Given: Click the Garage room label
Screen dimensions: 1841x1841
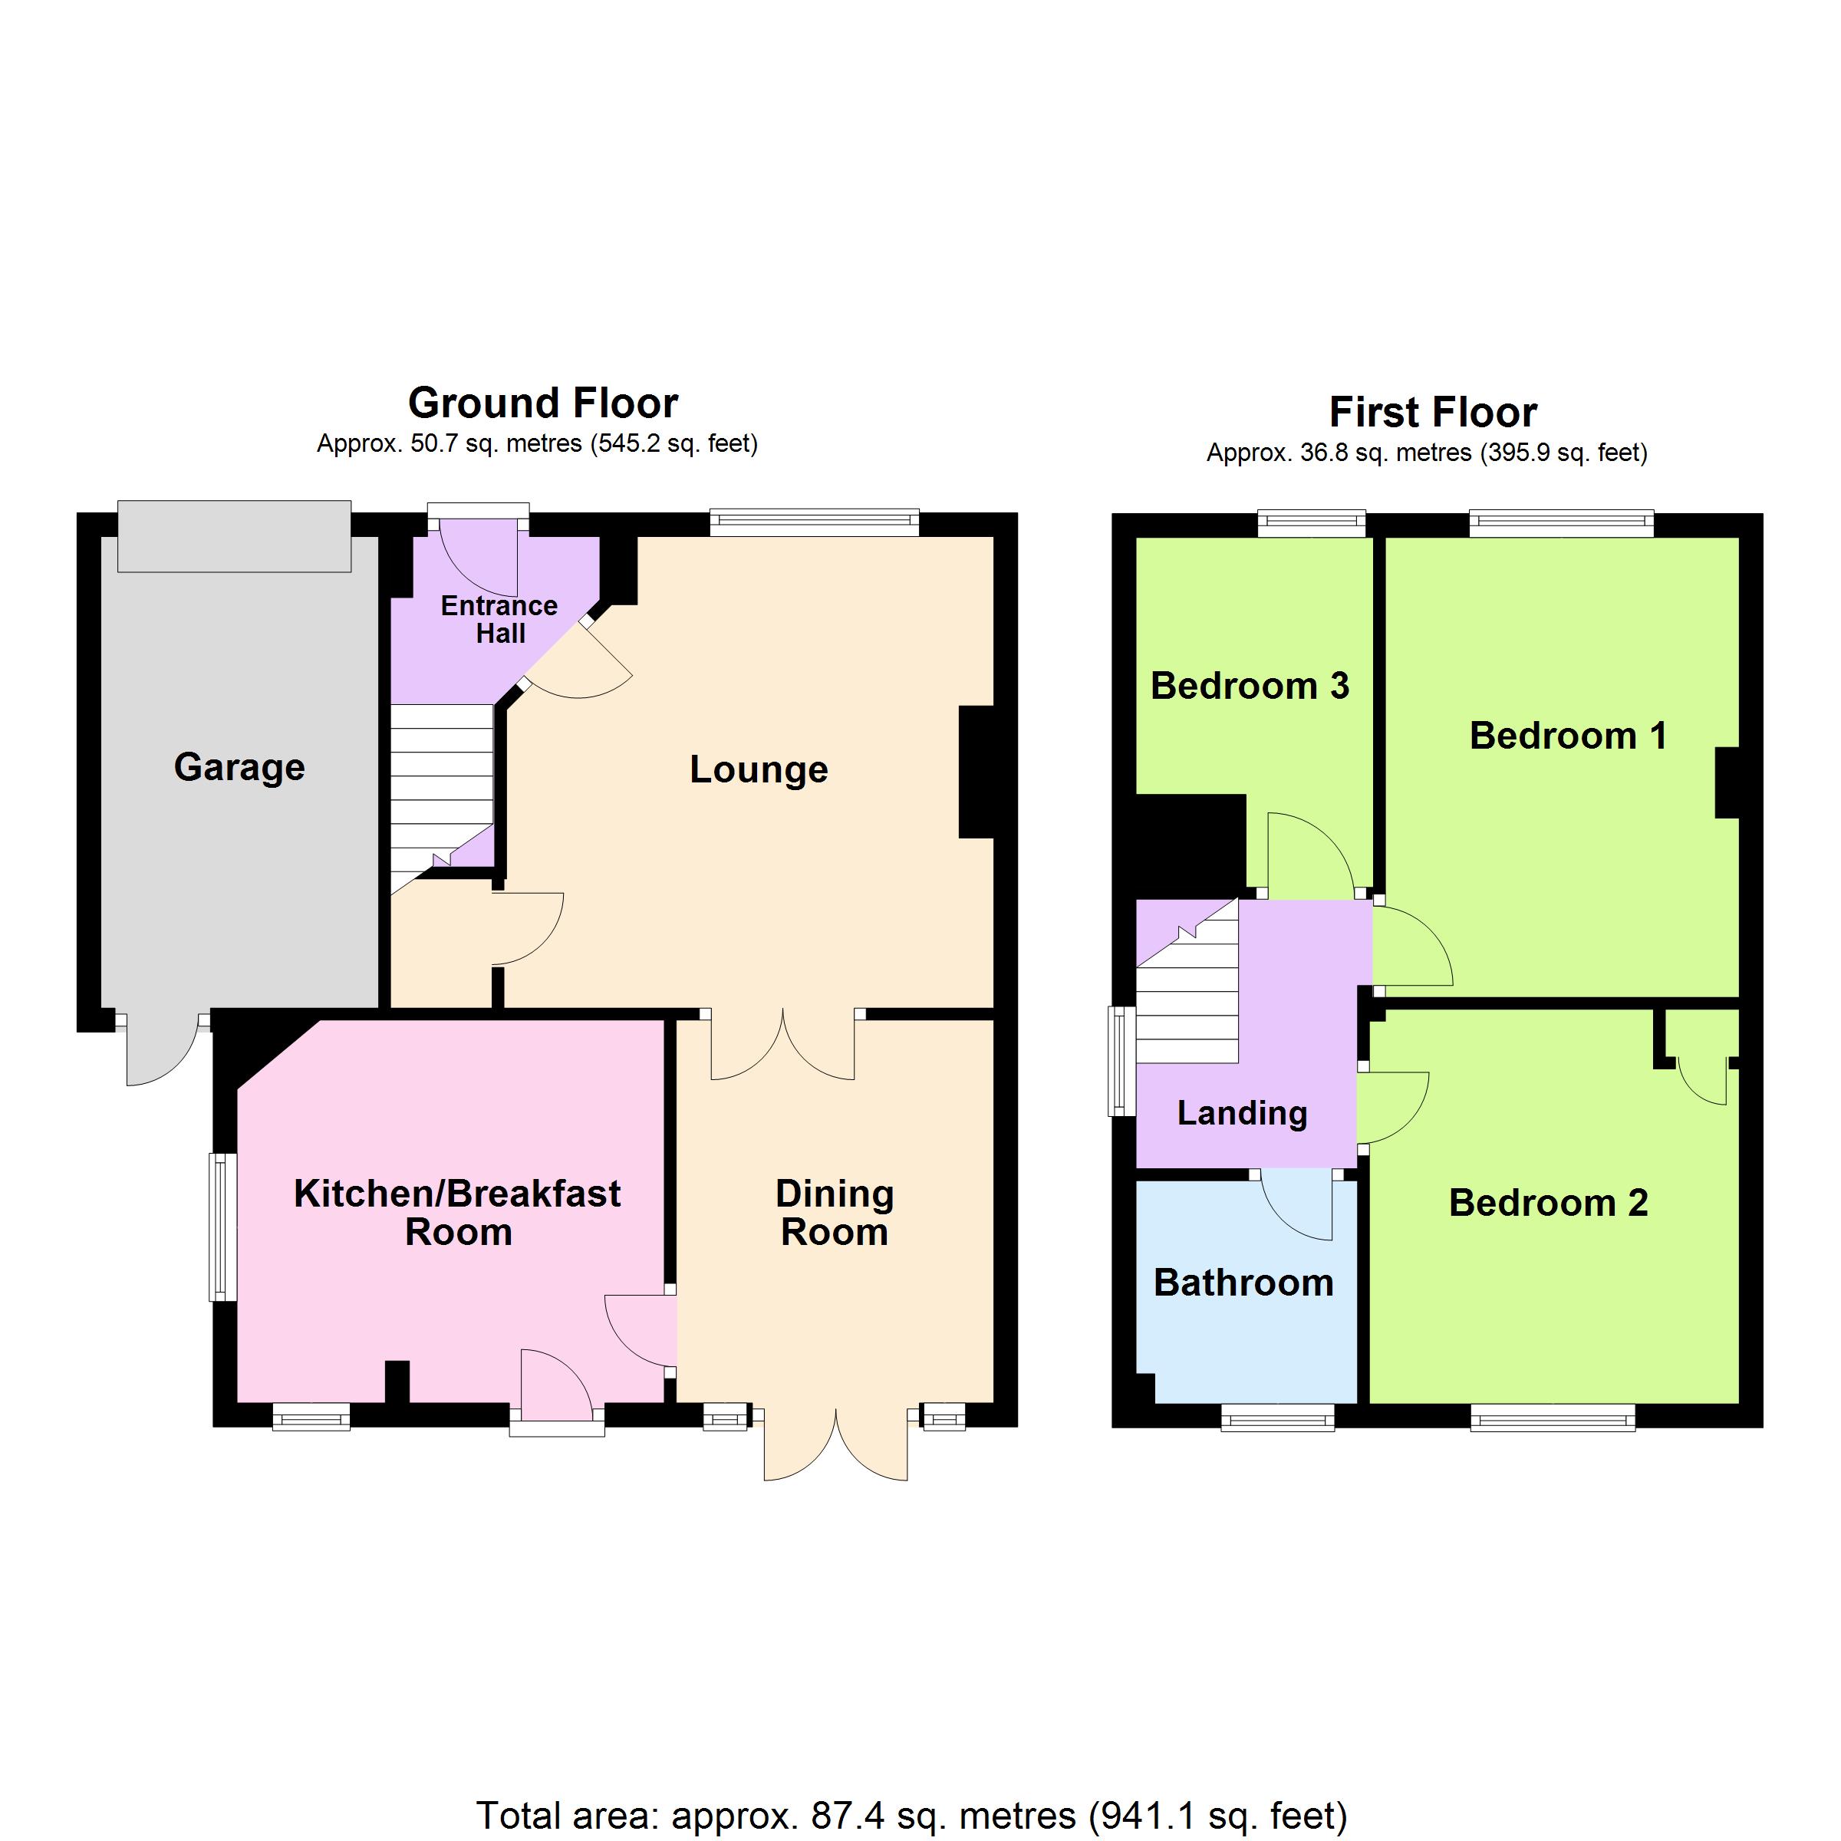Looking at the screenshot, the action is [x=239, y=768].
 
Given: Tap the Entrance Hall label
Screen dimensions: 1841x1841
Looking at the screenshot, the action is [x=499, y=619].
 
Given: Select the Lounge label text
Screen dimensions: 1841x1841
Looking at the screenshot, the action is [x=759, y=770].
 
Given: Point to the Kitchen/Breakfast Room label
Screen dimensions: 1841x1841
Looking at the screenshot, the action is [x=457, y=1212].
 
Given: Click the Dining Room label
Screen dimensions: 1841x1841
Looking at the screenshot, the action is [x=835, y=1212].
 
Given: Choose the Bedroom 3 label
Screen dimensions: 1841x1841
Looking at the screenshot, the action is [x=1250, y=686].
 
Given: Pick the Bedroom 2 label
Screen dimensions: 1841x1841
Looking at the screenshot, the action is [x=1549, y=1203].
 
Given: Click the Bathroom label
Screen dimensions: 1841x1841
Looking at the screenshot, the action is [x=1243, y=1283].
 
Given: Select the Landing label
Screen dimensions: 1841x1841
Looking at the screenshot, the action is [x=1243, y=1113].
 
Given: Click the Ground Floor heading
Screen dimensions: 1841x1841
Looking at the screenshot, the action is [x=543, y=403].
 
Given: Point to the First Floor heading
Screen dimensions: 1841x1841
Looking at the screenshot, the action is [x=1433, y=413].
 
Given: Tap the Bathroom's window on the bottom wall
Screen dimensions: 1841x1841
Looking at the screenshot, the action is [x=1278, y=1420].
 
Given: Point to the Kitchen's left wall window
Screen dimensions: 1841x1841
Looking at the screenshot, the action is [x=223, y=1227].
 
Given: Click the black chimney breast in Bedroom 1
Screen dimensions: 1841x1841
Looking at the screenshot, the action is [x=1727, y=783].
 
